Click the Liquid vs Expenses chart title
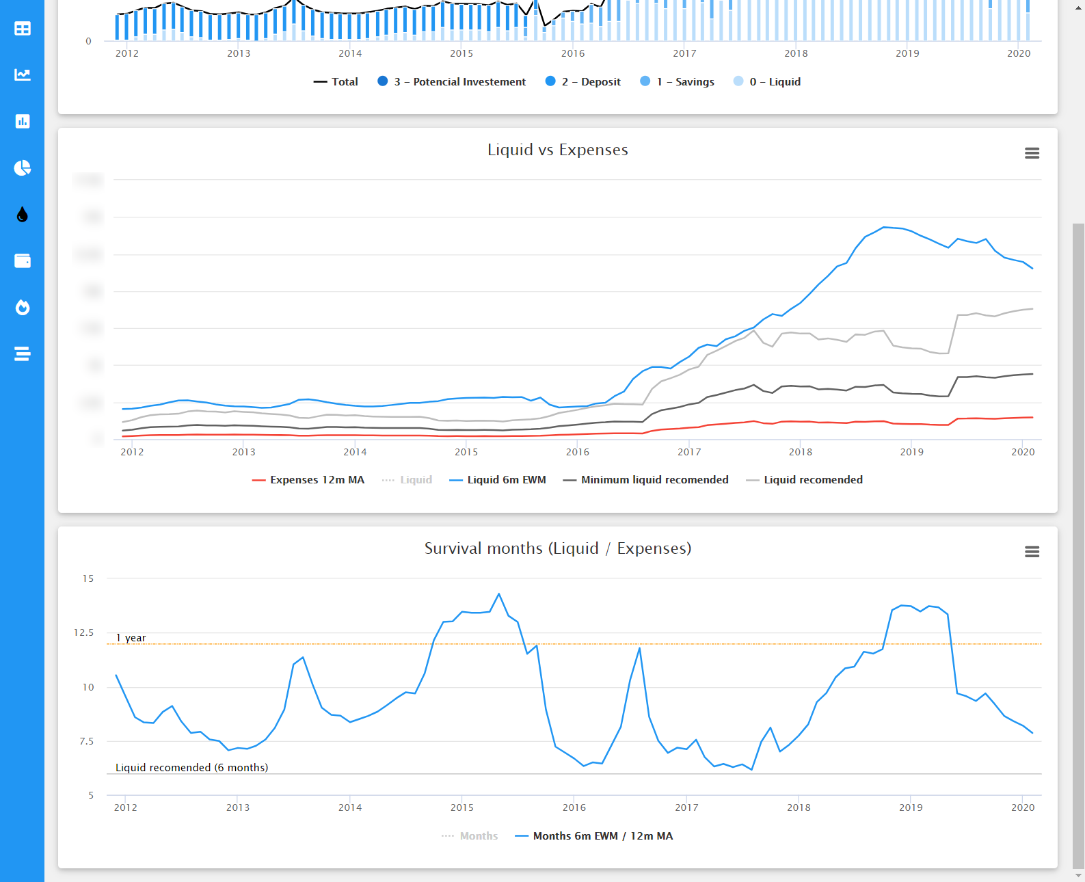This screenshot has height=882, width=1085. coord(557,150)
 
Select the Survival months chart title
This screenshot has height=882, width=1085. coord(557,548)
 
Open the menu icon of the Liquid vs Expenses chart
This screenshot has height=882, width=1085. coord(1032,153)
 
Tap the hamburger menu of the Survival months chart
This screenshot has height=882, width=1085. coord(1032,552)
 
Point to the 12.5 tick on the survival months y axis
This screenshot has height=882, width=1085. coord(84,632)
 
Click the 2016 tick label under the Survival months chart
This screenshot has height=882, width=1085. coord(574,807)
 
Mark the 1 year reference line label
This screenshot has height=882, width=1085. coord(131,638)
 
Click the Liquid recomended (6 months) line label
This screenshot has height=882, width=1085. coord(191,768)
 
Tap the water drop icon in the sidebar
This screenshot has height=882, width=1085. coord(23,215)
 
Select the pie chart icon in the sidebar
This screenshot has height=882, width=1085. coord(23,168)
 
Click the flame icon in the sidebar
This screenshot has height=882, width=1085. coord(23,308)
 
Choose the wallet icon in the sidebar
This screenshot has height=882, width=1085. coord(23,261)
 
